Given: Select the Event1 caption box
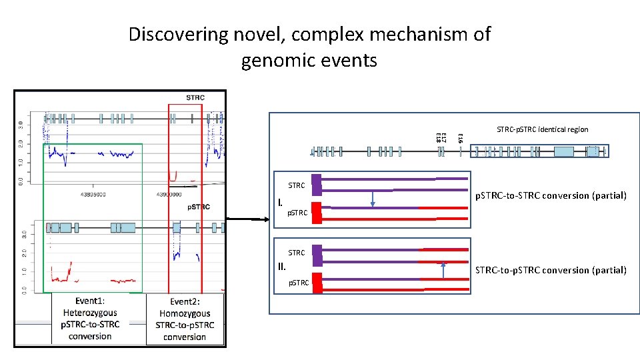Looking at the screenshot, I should click(90, 318).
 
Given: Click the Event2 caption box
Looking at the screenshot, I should click(185, 319).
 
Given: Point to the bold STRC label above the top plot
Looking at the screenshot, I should click(195, 97).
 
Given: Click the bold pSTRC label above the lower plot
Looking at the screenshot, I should click(198, 207).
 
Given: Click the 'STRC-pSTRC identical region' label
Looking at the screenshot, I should click(542, 129).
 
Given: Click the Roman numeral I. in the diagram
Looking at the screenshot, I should click(281, 202).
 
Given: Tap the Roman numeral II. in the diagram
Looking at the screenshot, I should click(282, 267).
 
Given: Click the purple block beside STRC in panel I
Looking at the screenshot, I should click(317, 184).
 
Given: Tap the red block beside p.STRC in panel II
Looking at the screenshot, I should click(317, 283).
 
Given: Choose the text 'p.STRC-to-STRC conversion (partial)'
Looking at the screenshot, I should click(550, 195).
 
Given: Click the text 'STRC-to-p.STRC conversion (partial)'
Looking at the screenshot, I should click(550, 270).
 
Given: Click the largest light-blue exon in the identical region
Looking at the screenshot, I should click(564, 151).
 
